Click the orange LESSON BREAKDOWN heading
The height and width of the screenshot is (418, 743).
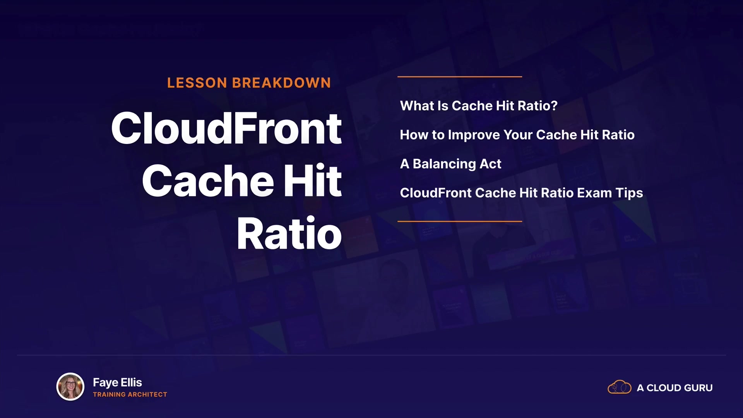coord(249,83)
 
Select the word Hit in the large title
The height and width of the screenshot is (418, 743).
coord(313,180)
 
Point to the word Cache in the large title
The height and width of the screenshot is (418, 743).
coord(208,180)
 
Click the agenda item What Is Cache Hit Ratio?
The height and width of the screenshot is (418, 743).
coord(479,106)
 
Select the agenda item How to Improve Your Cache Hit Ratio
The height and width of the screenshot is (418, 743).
coord(517,135)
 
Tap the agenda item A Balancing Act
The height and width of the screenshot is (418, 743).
coord(450,164)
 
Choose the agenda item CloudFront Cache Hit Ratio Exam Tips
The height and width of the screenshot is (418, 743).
coord(521,193)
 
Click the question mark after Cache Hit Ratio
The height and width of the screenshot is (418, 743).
coord(554,106)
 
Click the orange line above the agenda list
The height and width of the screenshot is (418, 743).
coord(460,77)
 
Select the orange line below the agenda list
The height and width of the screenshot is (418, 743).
coord(460,221)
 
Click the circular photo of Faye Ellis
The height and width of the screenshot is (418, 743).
coord(70,386)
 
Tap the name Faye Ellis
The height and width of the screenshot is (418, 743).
coord(117,383)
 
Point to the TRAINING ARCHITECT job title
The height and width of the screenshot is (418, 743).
coord(130,394)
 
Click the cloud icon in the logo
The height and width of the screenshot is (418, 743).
coord(619,387)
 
